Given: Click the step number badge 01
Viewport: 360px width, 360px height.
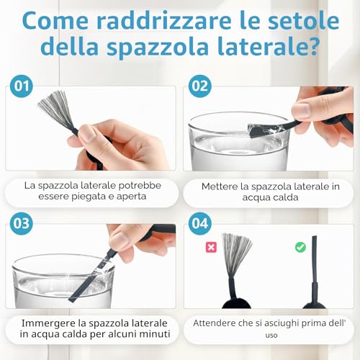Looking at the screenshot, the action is pos(22,86).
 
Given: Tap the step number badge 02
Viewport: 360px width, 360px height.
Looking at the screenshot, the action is pos(200,86).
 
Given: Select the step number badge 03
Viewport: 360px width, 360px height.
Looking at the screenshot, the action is pos(22,223).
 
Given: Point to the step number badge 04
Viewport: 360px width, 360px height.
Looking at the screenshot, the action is pos(200,223).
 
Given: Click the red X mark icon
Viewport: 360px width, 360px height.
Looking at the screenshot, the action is pos(211,247).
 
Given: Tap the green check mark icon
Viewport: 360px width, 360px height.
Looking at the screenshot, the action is pos(300,247).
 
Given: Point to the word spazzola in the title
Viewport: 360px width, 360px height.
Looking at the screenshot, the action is pos(158,47).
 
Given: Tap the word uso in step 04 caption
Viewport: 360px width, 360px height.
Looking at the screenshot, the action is pos(271,336).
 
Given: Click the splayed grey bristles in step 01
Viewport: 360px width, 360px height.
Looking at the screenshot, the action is pos(55,110).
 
